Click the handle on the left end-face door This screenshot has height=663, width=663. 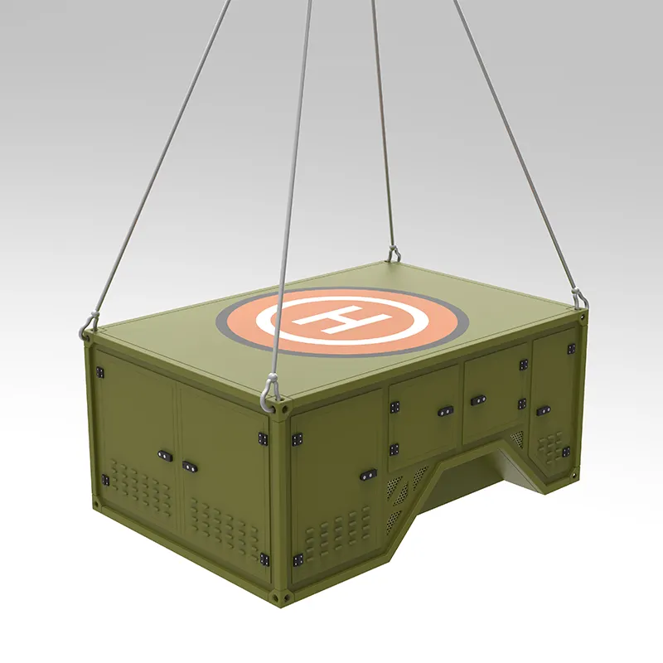tap(165, 455)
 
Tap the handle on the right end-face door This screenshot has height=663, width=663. tap(190, 467)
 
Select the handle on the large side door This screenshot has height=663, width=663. tap(368, 475)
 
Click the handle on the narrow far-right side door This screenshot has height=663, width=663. tap(543, 410)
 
